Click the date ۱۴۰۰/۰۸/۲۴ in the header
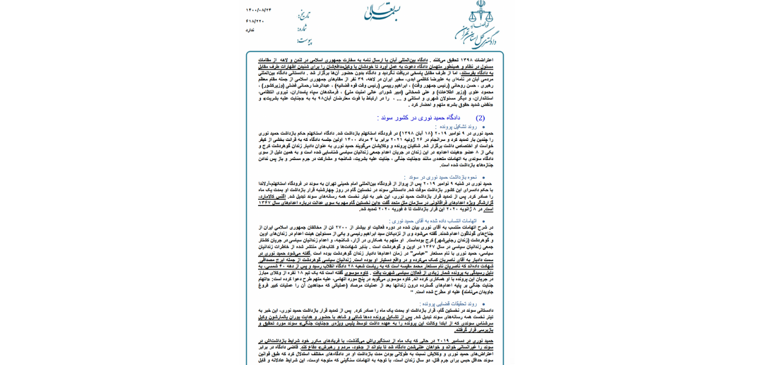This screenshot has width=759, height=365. [x=258, y=10]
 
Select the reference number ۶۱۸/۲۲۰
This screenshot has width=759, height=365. [x=255, y=21]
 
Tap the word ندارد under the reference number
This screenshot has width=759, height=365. [x=250, y=30]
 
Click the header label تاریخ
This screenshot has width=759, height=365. [x=304, y=15]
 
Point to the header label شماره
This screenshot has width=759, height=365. [x=302, y=28]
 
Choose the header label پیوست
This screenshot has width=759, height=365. [x=304, y=40]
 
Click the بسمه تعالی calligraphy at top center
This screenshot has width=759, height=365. [x=382, y=12]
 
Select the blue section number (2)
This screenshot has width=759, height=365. [x=480, y=118]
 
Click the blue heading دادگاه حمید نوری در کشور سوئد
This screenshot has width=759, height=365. [x=418, y=117]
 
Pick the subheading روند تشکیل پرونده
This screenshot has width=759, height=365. [x=455, y=127]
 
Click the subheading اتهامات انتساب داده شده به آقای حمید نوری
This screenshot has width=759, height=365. [x=432, y=221]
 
